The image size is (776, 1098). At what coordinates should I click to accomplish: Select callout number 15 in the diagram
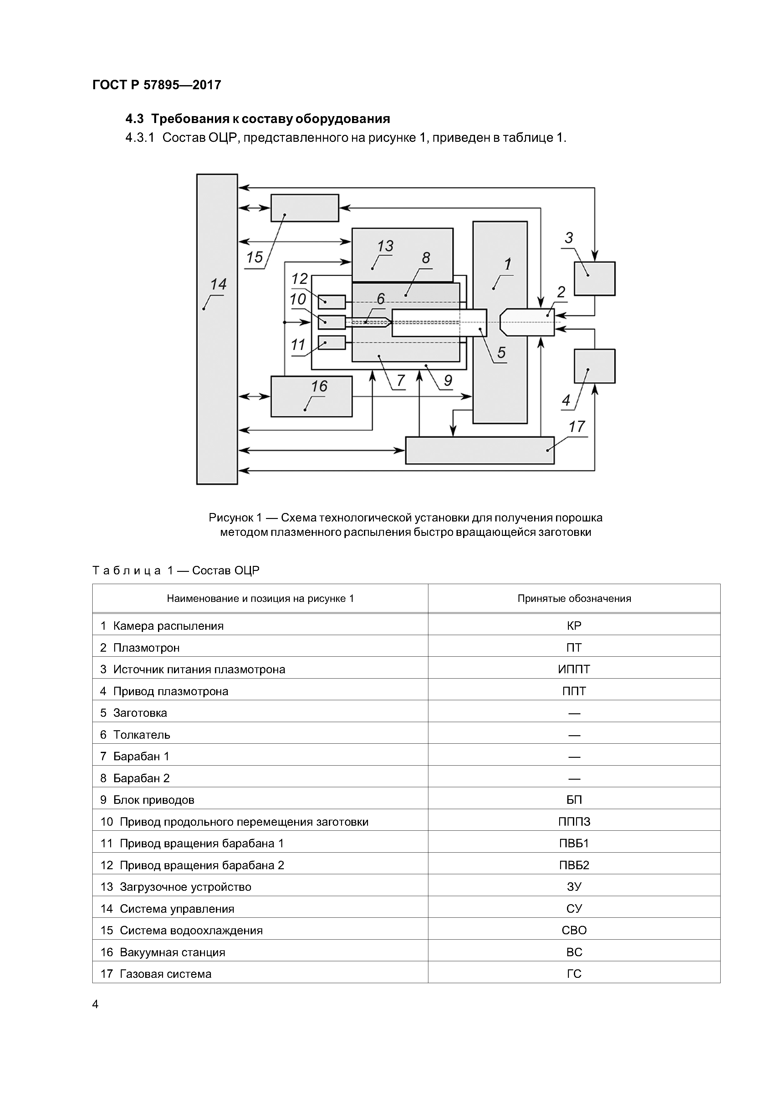tap(254, 257)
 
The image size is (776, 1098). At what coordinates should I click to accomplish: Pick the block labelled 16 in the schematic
tap(311, 397)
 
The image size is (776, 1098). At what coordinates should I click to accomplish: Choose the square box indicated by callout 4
tap(594, 366)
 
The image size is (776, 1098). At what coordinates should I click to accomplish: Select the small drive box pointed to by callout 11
tap(331, 342)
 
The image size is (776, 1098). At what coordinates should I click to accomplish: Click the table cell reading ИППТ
tap(574, 669)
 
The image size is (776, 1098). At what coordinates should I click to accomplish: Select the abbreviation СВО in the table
tap(574, 930)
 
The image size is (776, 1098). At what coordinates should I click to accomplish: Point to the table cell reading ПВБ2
tap(574, 865)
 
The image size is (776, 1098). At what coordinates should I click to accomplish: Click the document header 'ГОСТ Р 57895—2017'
tap(157, 85)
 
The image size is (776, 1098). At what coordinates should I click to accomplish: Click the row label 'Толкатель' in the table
tap(141, 735)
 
